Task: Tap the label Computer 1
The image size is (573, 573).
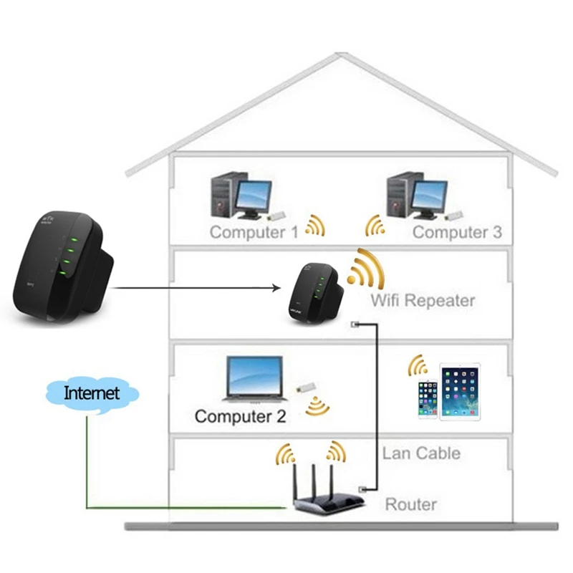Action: point(254,232)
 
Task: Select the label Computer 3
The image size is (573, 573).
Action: point(457,232)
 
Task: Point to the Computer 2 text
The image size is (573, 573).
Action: point(240,416)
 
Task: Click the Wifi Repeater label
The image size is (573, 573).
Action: point(423,300)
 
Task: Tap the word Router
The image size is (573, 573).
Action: point(411,504)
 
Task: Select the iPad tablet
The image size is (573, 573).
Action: point(460,393)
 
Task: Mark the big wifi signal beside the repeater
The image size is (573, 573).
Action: point(365,270)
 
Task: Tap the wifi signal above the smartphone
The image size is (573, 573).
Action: point(418,366)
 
